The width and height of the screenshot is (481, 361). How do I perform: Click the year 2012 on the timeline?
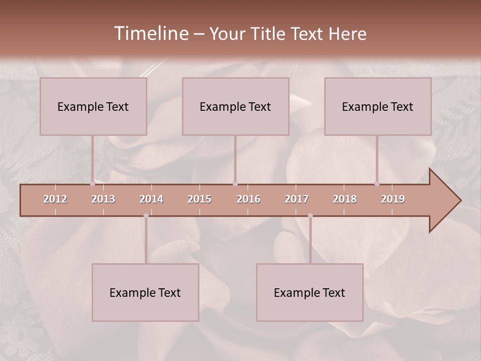tap(55, 199)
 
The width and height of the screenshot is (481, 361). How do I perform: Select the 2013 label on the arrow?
tap(103, 199)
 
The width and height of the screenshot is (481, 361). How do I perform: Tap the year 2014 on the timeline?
tap(151, 199)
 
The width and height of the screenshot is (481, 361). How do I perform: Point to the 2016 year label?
tap(249, 199)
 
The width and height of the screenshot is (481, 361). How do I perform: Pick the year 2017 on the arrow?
tap(297, 199)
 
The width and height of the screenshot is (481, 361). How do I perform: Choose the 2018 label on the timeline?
tap(345, 199)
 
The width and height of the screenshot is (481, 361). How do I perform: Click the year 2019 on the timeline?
tap(393, 199)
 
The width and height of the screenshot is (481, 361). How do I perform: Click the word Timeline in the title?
tap(150, 34)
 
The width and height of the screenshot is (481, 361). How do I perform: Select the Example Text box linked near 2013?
tap(93, 106)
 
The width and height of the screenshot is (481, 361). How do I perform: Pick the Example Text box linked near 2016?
tap(235, 106)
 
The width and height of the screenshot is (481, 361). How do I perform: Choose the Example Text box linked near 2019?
tap(378, 106)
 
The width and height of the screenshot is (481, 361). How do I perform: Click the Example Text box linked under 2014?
tap(145, 292)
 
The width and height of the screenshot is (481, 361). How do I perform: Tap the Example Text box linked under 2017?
tap(310, 292)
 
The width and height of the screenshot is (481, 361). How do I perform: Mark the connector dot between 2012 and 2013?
tap(92, 184)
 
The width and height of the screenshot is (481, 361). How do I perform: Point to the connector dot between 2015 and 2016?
tap(235, 184)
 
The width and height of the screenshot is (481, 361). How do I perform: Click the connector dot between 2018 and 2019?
tap(377, 184)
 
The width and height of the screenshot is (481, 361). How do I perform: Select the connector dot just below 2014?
tap(146, 216)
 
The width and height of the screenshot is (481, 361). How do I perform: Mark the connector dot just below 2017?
tap(310, 216)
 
